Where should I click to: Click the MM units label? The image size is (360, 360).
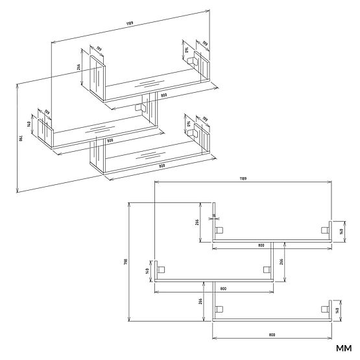343,348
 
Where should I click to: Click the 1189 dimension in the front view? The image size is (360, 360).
243,177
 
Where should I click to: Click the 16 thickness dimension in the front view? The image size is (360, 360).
214,216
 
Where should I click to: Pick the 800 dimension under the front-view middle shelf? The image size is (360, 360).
222,287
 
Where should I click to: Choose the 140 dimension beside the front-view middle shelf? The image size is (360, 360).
148,270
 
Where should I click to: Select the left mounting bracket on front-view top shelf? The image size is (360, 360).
219,230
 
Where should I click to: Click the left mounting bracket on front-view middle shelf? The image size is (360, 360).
162,270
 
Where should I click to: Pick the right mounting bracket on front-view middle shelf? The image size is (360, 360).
266,270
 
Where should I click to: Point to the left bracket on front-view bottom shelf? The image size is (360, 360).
219,309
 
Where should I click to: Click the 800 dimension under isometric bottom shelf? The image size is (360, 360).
162,167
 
